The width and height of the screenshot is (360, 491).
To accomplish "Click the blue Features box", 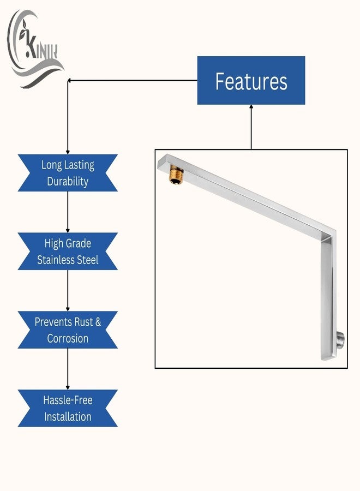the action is click(x=251, y=81).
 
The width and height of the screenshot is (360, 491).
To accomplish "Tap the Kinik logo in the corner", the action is click(x=35, y=49).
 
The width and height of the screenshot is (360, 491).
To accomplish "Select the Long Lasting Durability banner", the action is click(x=68, y=173).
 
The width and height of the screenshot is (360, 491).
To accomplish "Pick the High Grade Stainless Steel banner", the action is click(x=68, y=252).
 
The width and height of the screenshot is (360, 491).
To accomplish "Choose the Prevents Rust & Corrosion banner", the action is click(x=68, y=330).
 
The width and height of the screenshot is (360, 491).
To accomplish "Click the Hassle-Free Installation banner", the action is click(x=68, y=408).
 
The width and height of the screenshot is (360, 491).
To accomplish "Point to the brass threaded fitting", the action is click(x=176, y=175).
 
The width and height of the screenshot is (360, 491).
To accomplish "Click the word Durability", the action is click(x=68, y=182).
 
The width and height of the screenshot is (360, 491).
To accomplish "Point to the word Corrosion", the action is click(x=68, y=338).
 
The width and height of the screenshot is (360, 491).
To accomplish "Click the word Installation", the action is click(x=68, y=417).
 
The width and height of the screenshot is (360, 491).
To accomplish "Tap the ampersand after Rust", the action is click(x=98, y=322).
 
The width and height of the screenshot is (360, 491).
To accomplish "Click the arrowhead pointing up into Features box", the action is click(x=251, y=107).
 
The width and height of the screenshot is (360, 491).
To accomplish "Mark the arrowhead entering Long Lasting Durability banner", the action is click(x=68, y=152).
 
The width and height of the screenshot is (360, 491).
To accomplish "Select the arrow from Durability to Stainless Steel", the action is click(x=68, y=212).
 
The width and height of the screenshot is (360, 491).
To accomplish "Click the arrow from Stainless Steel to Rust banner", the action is click(x=68, y=291).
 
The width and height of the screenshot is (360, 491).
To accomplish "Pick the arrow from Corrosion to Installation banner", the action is click(x=68, y=369).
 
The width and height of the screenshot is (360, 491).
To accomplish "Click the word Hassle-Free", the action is click(x=68, y=400).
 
